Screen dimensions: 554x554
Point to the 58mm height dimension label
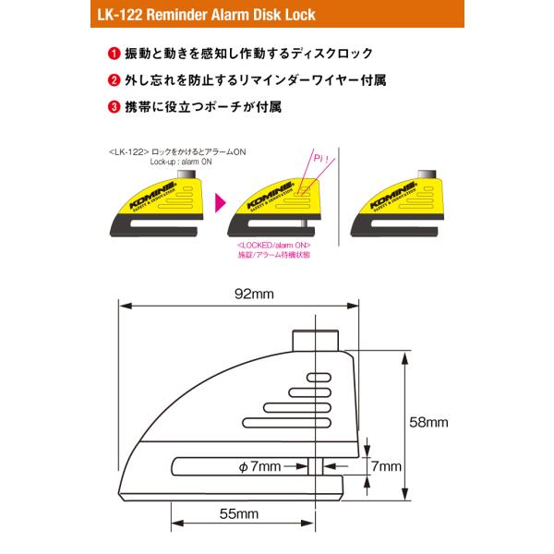(x=429, y=422)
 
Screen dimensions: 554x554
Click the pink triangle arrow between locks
(x=220, y=199)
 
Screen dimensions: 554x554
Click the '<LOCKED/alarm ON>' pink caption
(x=273, y=246)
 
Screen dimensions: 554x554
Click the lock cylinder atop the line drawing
(x=315, y=339)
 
